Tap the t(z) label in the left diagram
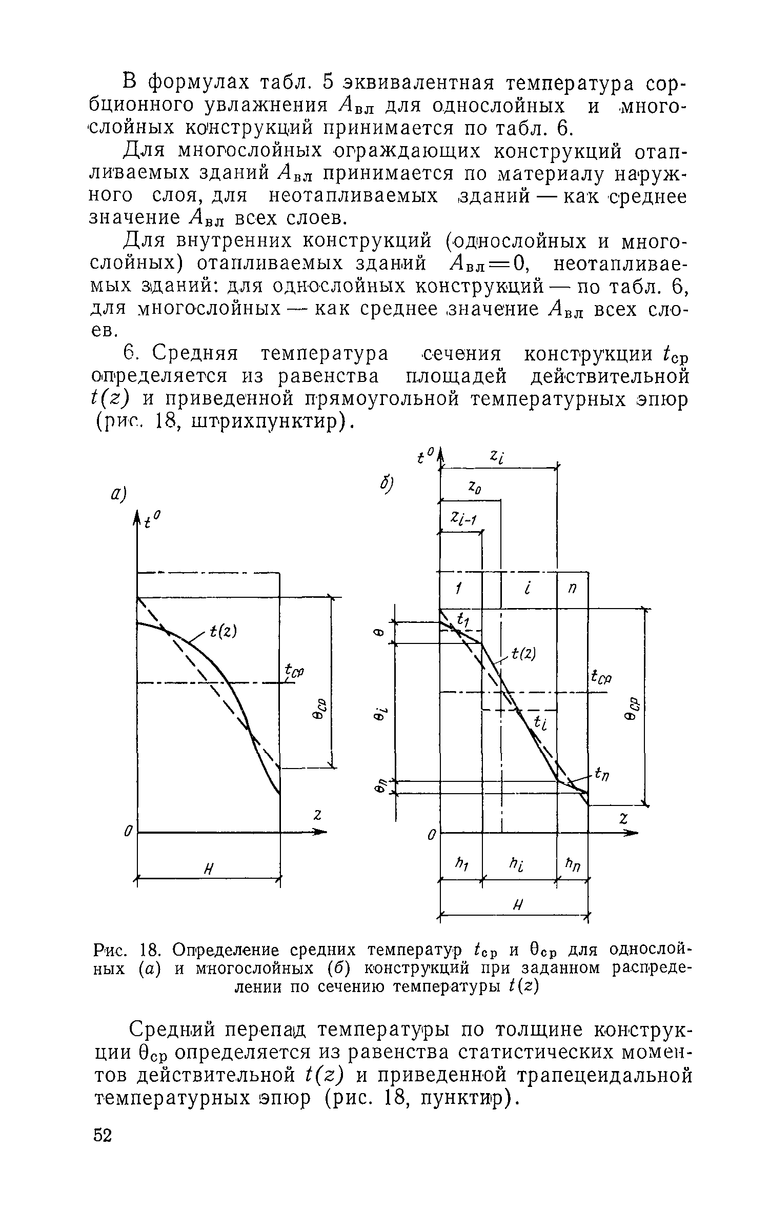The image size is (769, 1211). coord(223,633)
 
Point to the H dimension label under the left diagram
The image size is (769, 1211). coord(208,869)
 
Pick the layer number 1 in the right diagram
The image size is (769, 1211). coord(459,590)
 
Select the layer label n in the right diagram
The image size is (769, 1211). coord(572,590)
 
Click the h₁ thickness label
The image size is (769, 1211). coord(460,864)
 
